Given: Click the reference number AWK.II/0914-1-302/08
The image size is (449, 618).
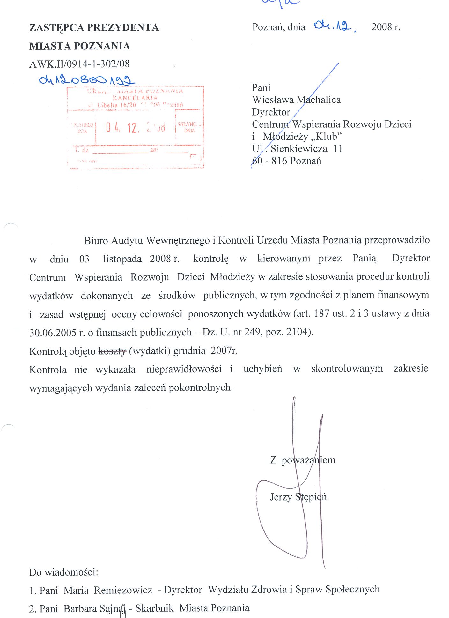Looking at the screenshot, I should [x=79, y=64].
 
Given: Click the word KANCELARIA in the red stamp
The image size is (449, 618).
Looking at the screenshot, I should [x=135, y=98].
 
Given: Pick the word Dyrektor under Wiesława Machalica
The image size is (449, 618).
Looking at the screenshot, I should [x=271, y=112].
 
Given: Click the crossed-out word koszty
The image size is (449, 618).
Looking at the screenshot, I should [x=112, y=351].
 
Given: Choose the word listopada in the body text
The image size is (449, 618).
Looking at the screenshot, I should [x=122, y=259].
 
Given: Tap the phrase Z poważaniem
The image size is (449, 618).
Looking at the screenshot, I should [x=303, y=460].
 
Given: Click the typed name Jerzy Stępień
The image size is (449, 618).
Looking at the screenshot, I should [x=298, y=497].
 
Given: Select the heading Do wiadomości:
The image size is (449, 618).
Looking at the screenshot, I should [x=63, y=572].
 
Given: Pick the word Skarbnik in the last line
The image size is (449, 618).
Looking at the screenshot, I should [x=155, y=608].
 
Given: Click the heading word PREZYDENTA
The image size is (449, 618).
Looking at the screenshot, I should [x=123, y=27].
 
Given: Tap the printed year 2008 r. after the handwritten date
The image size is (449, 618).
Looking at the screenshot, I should [x=386, y=27].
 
